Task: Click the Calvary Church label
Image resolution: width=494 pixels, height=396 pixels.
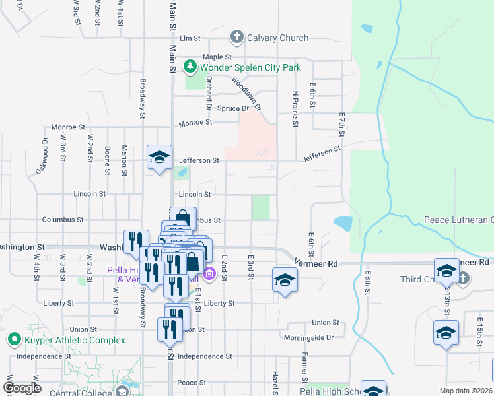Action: click(277, 38)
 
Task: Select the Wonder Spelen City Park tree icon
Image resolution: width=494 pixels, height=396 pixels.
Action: click(191, 67)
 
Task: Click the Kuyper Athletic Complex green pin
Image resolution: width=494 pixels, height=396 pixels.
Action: click(13, 340)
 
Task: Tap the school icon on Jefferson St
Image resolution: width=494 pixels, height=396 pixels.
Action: click(159, 157)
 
